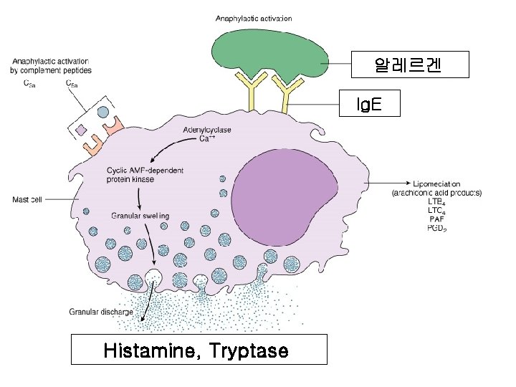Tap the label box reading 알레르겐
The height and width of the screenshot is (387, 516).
[408, 64]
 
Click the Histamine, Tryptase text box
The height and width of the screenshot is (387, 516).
[196, 351]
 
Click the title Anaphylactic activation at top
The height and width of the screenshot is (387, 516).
[254, 18]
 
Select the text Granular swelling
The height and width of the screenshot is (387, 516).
[140, 215]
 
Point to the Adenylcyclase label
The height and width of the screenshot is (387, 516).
[207, 130]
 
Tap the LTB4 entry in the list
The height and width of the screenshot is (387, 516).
[436, 202]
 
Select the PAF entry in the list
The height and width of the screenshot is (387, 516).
[436, 219]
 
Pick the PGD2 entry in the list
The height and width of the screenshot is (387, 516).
[436, 229]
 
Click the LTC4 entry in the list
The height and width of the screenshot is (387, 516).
[436, 211]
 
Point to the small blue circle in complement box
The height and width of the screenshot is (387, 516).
[102, 113]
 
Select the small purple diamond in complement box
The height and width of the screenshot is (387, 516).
[81, 130]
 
